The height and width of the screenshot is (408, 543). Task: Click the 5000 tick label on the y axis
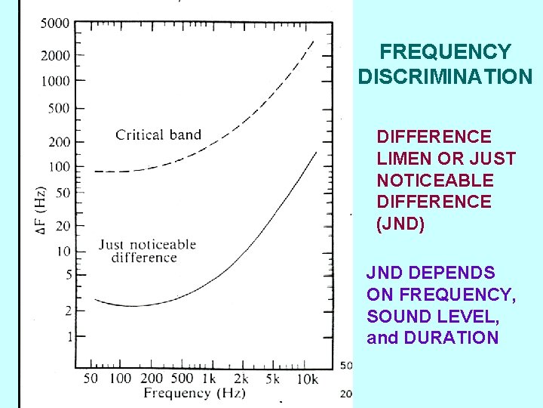(54, 23)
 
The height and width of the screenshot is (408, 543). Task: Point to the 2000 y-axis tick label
(54, 55)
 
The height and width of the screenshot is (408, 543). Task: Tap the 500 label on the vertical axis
(58, 108)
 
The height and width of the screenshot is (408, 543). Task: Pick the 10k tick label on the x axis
(307, 378)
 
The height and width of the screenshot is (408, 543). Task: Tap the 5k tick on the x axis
(273, 378)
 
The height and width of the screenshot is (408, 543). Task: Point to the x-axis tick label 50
(90, 378)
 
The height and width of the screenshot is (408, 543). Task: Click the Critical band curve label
(158, 135)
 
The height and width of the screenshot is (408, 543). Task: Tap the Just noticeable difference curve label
(147, 251)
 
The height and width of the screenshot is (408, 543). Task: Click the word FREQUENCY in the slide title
(445, 52)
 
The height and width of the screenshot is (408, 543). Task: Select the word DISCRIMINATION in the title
(445, 77)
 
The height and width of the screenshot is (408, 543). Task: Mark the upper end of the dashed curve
(313, 41)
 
